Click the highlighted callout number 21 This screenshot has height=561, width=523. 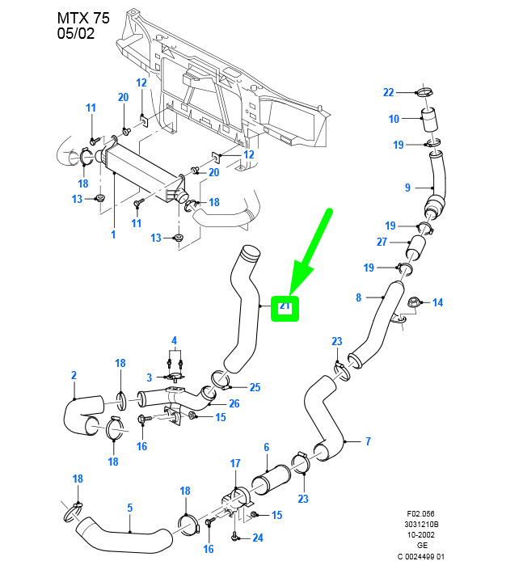point(285,306)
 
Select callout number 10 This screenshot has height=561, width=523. point(394,120)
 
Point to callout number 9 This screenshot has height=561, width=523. point(408,188)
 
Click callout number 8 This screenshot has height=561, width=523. point(358,298)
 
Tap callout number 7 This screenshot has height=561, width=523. point(368,441)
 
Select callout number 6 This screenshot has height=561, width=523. point(266,447)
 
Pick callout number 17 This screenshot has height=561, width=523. point(235,463)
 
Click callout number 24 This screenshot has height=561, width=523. point(257,538)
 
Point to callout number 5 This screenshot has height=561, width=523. point(129,508)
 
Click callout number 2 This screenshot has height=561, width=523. point(74,375)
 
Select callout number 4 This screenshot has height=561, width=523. point(173,339)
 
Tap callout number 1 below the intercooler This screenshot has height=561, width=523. point(113,234)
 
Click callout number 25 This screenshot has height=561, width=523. point(255,387)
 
